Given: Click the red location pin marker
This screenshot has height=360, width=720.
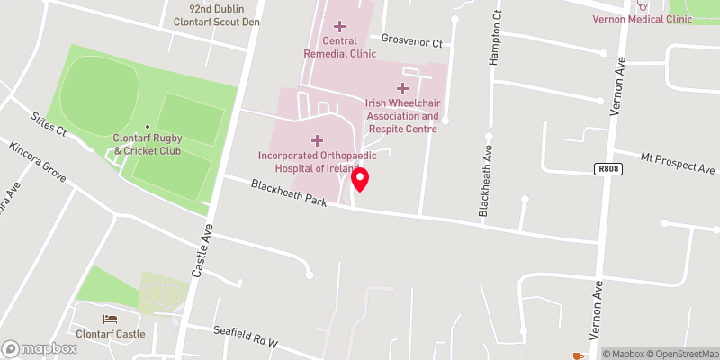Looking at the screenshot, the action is (x=360, y=179).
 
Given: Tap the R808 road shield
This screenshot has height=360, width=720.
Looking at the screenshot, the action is (x=607, y=168).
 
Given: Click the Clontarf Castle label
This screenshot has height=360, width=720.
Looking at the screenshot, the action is (x=110, y=334).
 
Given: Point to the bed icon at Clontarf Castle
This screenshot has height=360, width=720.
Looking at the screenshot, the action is (x=110, y=319).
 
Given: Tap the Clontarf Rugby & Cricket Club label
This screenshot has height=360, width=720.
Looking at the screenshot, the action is (x=148, y=144).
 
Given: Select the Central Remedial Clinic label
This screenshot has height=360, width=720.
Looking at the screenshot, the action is (x=339, y=47).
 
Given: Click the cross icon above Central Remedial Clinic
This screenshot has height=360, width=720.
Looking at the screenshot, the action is (x=339, y=26).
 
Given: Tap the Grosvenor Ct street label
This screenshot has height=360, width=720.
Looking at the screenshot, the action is (x=412, y=41).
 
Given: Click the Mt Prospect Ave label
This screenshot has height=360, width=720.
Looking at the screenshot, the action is (x=678, y=163).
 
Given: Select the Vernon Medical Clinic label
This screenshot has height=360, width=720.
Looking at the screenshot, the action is (x=641, y=19).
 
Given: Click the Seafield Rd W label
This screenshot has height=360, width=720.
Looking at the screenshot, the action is (x=247, y=337).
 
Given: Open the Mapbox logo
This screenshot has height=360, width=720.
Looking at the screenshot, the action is (x=40, y=348).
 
